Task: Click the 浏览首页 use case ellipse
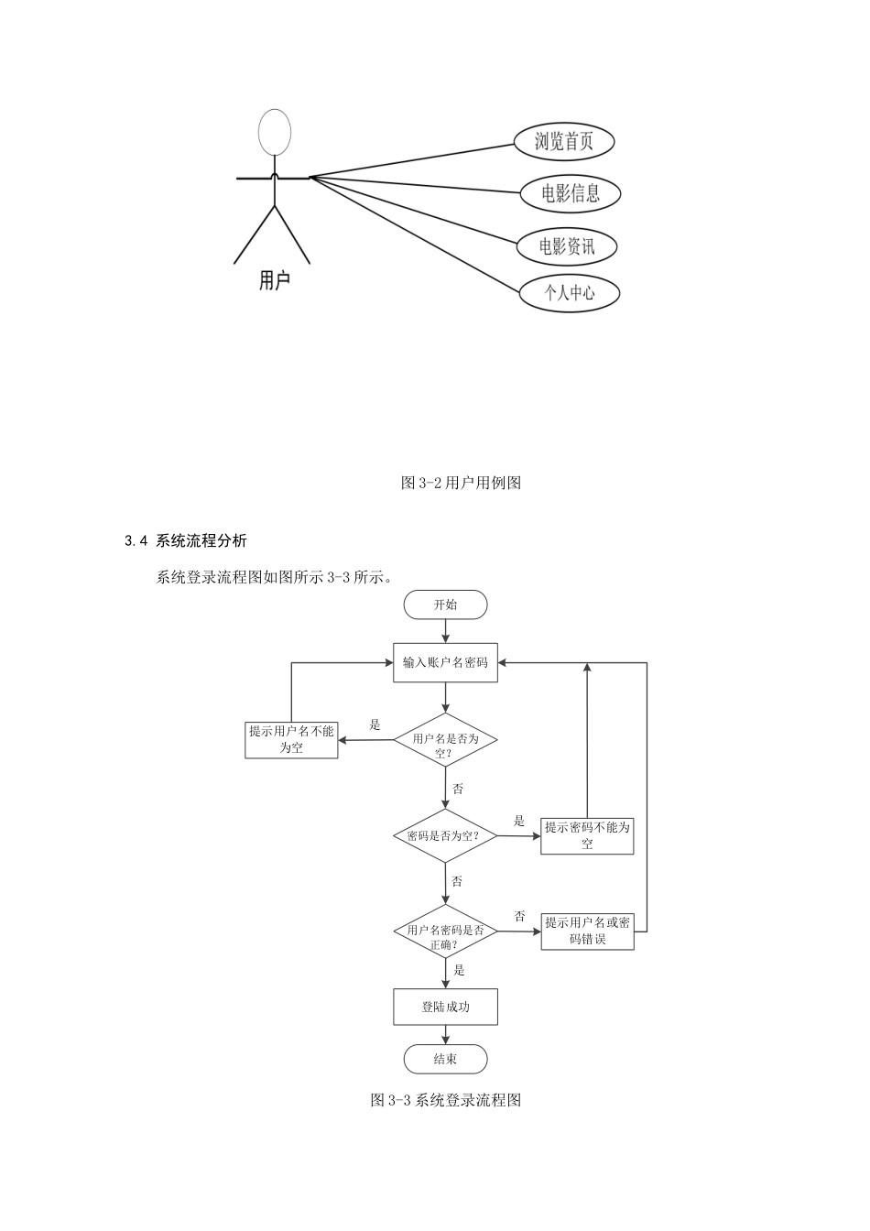(x=563, y=141)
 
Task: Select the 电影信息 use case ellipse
(x=570, y=193)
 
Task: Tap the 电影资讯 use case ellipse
(x=566, y=246)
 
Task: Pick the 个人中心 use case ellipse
(x=569, y=293)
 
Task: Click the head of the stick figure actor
(x=274, y=132)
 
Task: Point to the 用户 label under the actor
(x=274, y=280)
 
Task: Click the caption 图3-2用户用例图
(x=461, y=483)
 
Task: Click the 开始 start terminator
(x=445, y=605)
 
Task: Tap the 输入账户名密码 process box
(x=445, y=662)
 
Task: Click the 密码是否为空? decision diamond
(x=445, y=835)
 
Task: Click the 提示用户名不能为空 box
(x=291, y=739)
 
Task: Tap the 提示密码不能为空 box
(x=587, y=835)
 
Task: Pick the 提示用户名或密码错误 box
(x=587, y=931)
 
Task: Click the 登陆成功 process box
(x=445, y=1007)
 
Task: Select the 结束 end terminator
(x=445, y=1060)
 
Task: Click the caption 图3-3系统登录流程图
(x=445, y=1100)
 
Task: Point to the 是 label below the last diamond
(x=460, y=970)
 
